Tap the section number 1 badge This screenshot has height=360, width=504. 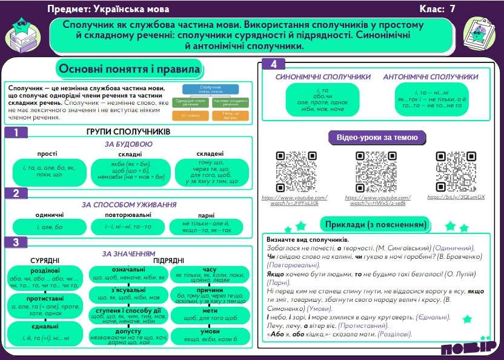[16, 132]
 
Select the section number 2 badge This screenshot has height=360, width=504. [16, 193]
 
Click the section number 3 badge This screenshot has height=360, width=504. [16, 242]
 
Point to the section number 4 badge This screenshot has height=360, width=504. [274, 64]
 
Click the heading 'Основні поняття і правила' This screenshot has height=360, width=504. [129, 69]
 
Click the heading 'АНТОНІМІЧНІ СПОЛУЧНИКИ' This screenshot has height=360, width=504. [430, 78]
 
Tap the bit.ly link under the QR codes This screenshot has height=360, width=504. [456, 197]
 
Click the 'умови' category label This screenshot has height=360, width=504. [210, 331]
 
